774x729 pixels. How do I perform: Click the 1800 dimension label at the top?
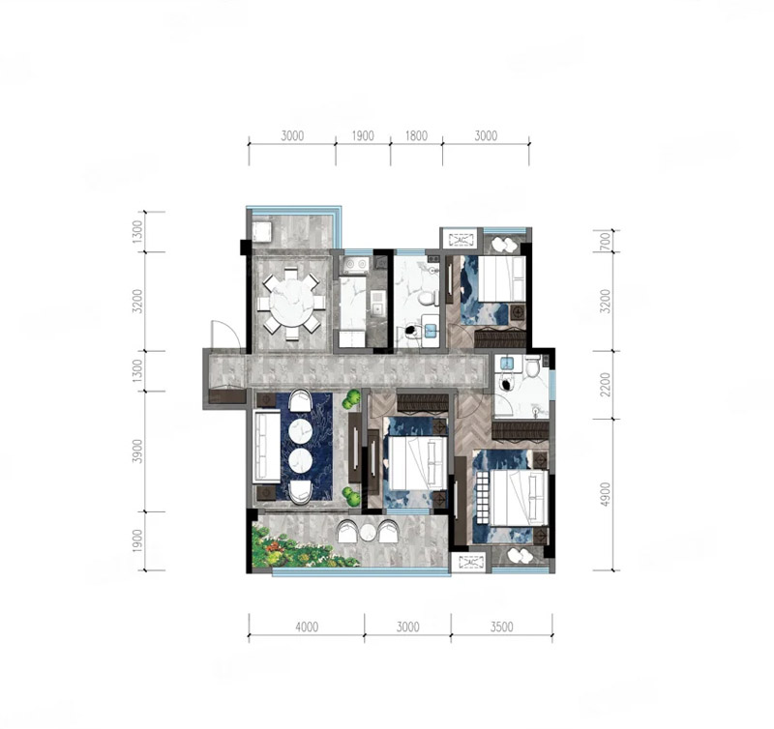click(416, 135)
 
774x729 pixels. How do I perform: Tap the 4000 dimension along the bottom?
click(307, 627)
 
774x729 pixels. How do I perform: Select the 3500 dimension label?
click(501, 627)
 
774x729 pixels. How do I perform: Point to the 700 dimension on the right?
click(606, 241)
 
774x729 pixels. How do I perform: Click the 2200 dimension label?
click(606, 385)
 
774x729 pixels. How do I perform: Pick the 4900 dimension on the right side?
click(606, 494)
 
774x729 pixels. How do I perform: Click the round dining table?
click(291, 303)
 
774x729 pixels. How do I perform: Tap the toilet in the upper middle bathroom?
click(427, 298)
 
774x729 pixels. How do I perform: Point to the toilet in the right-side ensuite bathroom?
click(532, 367)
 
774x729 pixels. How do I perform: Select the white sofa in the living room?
click(267, 447)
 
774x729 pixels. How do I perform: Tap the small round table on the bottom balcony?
click(368, 533)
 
